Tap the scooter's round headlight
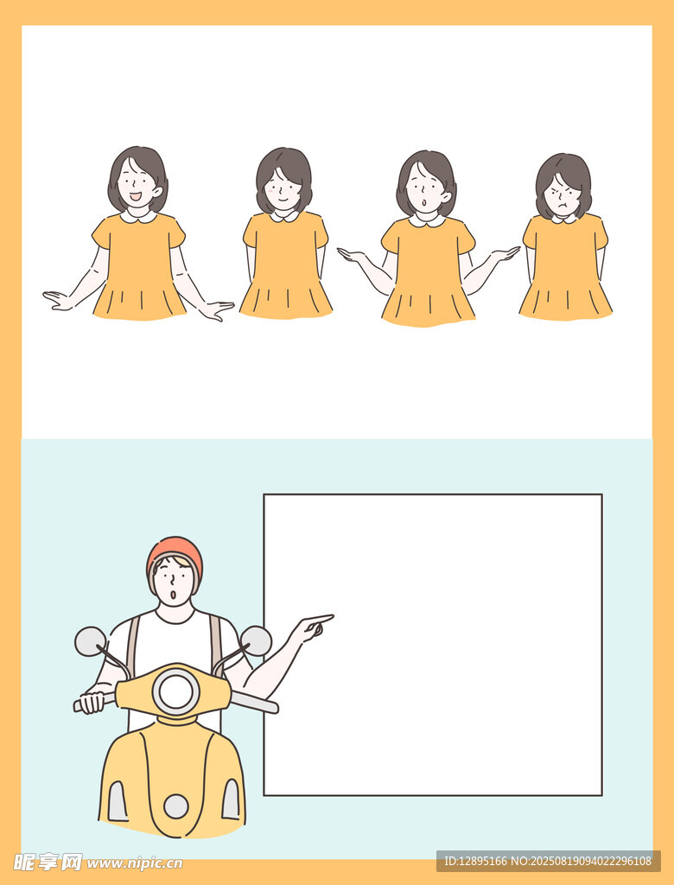(176, 691)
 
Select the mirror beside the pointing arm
(256, 641)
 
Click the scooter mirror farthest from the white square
(91, 642)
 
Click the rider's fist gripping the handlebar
(91, 703)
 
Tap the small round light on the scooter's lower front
(176, 806)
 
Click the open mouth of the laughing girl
(136, 197)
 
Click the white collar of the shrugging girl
(428, 220)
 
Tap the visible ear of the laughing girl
(157, 192)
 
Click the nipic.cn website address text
(135, 863)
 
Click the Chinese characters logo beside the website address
(48, 862)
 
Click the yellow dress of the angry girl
(566, 268)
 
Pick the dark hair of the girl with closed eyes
(285, 169)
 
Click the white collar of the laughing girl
(139, 215)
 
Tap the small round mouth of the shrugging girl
(423, 202)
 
